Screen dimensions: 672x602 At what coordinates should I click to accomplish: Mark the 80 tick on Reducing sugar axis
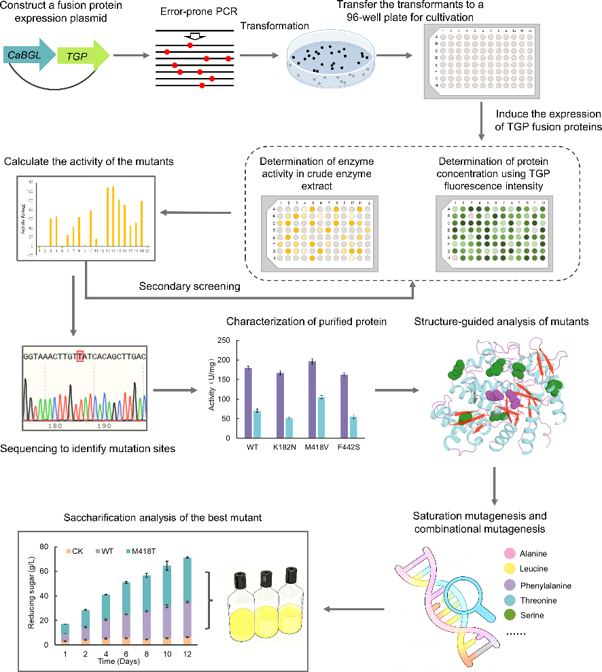(x=46, y=546)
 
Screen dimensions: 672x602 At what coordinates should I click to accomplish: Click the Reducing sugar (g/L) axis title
(x=31, y=595)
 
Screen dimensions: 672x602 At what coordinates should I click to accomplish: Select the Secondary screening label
(x=190, y=286)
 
